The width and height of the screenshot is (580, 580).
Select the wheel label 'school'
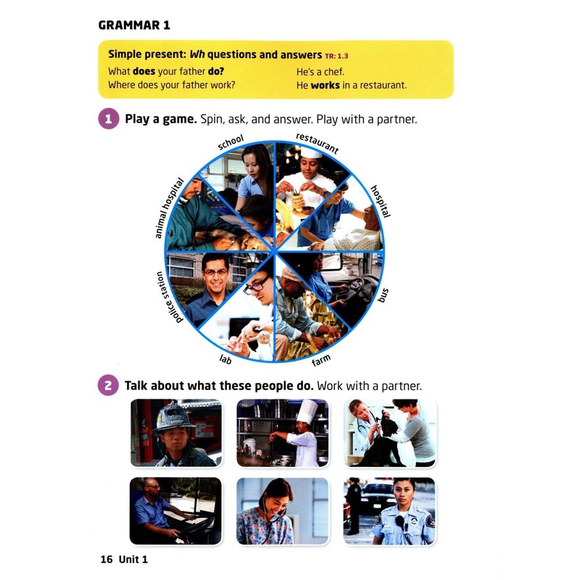(x=231, y=143)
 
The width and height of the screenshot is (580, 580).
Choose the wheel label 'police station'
(x=169, y=297)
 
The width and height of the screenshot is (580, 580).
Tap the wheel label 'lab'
(x=225, y=358)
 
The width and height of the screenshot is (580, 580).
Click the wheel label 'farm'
(x=321, y=360)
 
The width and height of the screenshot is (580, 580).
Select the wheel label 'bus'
(x=384, y=295)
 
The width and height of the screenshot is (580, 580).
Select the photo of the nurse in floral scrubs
(x=283, y=510)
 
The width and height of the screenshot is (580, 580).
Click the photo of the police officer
(x=389, y=510)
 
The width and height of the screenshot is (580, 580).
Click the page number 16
(x=107, y=559)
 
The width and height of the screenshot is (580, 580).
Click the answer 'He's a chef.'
(x=320, y=72)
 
